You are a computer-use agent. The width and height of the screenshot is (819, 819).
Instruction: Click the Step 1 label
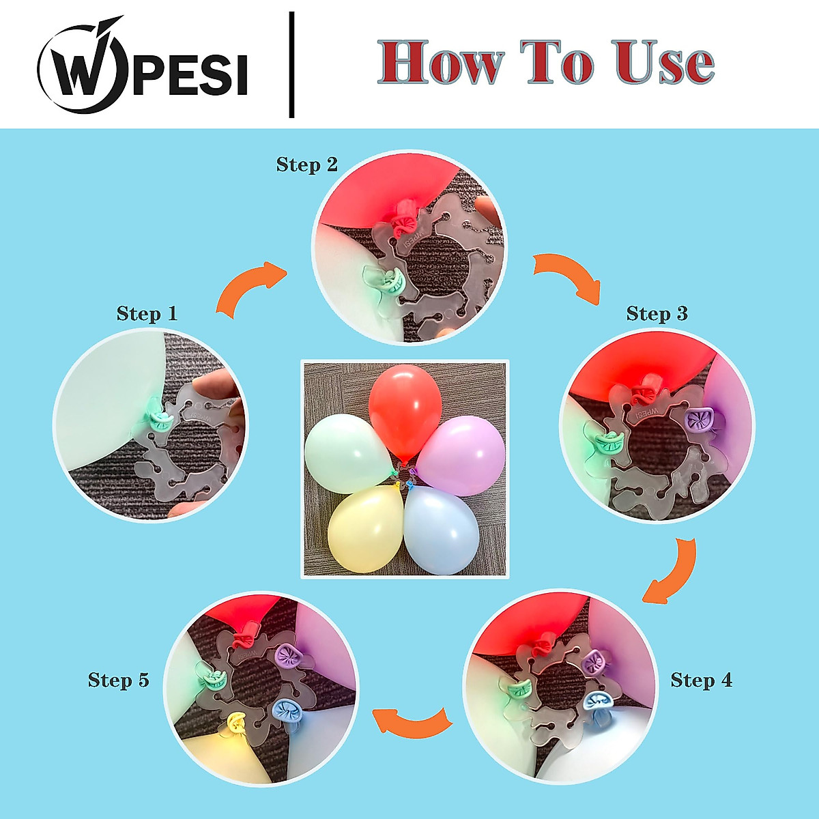[147, 313]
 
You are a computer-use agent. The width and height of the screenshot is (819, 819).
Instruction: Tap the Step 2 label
[307, 164]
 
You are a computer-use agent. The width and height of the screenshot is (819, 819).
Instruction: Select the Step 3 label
[657, 313]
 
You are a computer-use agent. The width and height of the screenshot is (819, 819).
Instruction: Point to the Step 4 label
[701, 680]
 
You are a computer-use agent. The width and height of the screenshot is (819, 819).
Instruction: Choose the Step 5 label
[118, 680]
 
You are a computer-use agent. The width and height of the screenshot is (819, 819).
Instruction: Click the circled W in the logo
[81, 67]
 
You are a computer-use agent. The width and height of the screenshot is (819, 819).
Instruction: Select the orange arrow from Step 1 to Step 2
[250, 290]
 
